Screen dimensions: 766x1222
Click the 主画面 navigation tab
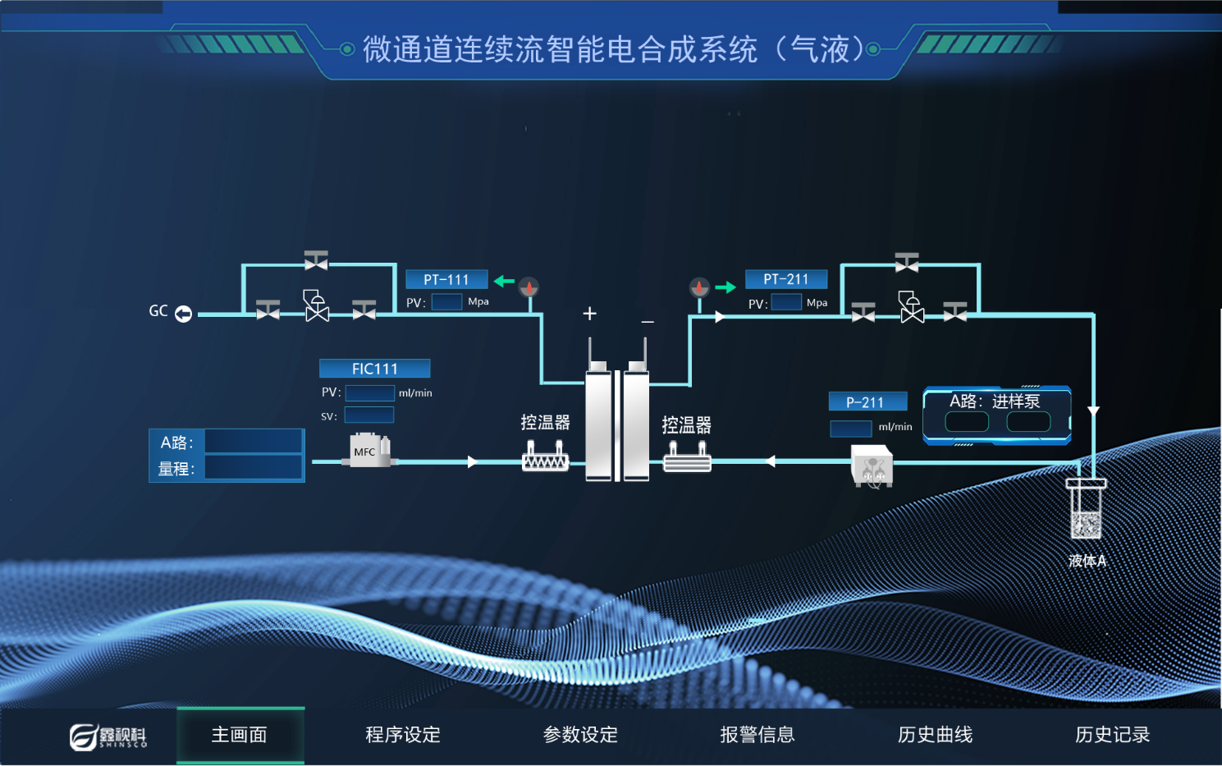[x=240, y=735]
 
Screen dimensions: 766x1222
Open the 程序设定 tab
[x=403, y=735]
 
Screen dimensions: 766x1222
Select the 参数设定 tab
[x=580, y=735]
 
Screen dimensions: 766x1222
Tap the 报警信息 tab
[x=757, y=735]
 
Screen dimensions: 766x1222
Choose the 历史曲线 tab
[x=935, y=735]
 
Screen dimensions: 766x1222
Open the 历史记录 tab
[x=1112, y=735]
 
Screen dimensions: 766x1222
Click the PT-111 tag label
[x=446, y=280]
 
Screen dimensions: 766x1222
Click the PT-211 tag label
[x=785, y=279]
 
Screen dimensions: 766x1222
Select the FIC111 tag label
[x=374, y=369]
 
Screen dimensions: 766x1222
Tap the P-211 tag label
[x=867, y=401]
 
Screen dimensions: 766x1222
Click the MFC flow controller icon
[x=369, y=451]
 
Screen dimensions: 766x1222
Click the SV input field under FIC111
[x=369, y=415]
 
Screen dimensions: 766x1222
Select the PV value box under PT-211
[x=786, y=303]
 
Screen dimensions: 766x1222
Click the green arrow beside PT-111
[x=504, y=282]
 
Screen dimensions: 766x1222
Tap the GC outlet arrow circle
[x=184, y=314]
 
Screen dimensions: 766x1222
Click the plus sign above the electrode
[x=589, y=314]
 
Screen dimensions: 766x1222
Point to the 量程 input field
[x=253, y=468]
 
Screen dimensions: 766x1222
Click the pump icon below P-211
[x=872, y=466]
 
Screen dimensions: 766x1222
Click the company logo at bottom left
[x=108, y=736]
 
